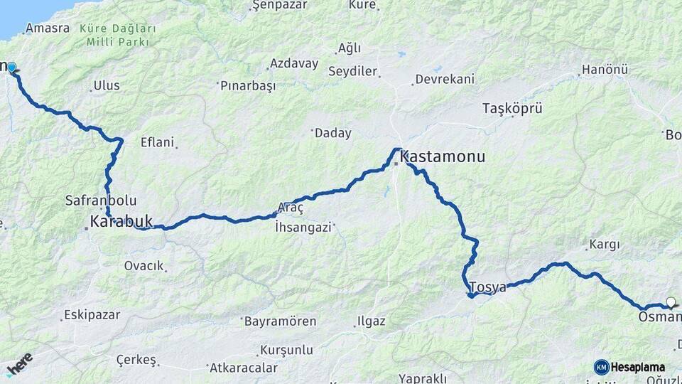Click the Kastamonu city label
(x=443, y=156)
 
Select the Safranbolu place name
(x=100, y=201)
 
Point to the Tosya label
(x=487, y=287)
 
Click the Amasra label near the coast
(x=47, y=28)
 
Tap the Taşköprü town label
(x=512, y=109)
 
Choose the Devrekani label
(x=445, y=79)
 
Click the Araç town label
(x=290, y=207)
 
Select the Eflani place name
(x=157, y=142)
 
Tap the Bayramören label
(x=280, y=321)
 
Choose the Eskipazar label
(x=92, y=314)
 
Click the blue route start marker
(x=11, y=67)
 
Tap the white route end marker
(x=670, y=302)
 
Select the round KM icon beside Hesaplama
(x=601, y=367)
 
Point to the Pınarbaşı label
(x=247, y=86)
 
